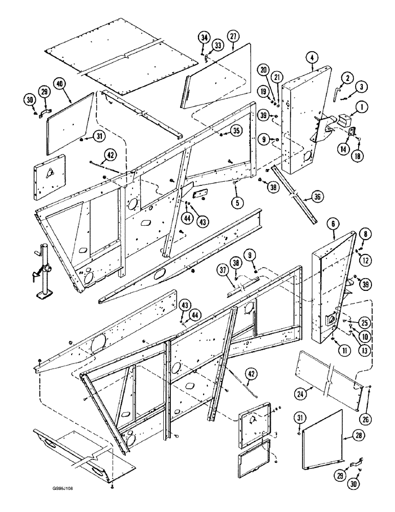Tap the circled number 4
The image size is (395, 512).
point(313,58)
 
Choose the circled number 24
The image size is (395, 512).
point(301,394)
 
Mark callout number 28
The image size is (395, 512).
point(349,436)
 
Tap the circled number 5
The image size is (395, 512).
point(236,202)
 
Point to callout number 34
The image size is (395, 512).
point(204,37)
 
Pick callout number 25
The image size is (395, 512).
point(365,324)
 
